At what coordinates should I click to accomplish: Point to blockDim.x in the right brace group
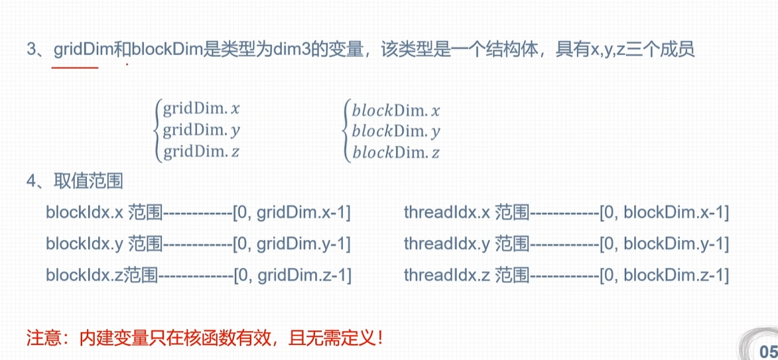[396, 110]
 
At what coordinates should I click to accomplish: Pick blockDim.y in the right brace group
[396, 131]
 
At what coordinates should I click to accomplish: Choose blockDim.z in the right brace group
[396, 152]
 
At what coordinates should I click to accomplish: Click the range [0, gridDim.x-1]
[291, 213]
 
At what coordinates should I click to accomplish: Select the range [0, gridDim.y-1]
[291, 244]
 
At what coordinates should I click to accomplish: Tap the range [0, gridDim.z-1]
[292, 274]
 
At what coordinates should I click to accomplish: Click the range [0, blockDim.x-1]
[664, 213]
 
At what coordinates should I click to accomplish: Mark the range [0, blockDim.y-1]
[664, 244]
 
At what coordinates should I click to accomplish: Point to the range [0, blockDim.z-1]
[664, 274]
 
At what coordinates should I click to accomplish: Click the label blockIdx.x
[84, 213]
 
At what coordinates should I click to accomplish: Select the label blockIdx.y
[84, 244]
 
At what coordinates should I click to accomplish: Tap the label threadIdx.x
[446, 213]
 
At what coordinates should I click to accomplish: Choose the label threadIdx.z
[446, 274]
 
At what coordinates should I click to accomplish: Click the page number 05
[767, 350]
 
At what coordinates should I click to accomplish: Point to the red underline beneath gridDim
[74, 67]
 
